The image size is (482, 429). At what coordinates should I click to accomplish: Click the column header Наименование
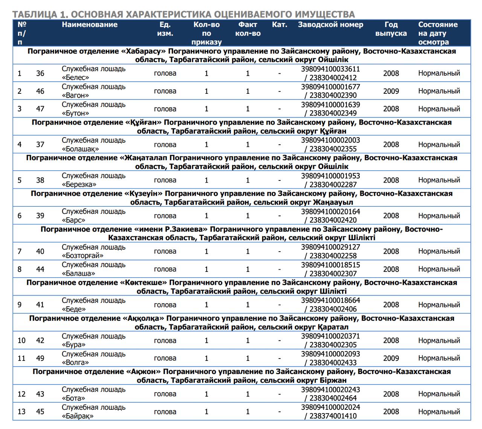click(90, 25)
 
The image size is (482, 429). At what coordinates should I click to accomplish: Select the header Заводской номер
click(330, 25)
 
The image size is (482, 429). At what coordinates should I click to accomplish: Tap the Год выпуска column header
click(391, 29)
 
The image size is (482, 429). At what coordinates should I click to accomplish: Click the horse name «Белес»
click(76, 78)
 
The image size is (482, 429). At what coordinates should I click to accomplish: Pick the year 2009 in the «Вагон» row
click(391, 91)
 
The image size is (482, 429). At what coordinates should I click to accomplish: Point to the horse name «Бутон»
click(76, 113)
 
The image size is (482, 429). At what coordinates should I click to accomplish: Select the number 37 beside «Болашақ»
click(40, 145)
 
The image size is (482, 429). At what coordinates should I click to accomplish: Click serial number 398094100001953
click(330, 176)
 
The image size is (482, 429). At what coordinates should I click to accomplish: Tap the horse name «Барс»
click(74, 220)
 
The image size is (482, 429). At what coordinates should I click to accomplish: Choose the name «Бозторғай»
click(82, 256)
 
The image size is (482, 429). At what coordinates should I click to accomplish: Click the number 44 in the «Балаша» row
click(40, 269)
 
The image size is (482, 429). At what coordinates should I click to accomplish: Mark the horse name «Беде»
click(74, 309)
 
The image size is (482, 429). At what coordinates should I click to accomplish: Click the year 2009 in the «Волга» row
click(391, 358)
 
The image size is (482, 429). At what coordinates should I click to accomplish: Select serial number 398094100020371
click(330, 336)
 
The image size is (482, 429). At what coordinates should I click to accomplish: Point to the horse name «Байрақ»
click(78, 416)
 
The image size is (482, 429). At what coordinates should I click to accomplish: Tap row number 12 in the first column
click(21, 394)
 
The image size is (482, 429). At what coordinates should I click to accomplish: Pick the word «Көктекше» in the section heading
click(143, 283)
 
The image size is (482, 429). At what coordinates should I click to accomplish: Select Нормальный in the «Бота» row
click(439, 394)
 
